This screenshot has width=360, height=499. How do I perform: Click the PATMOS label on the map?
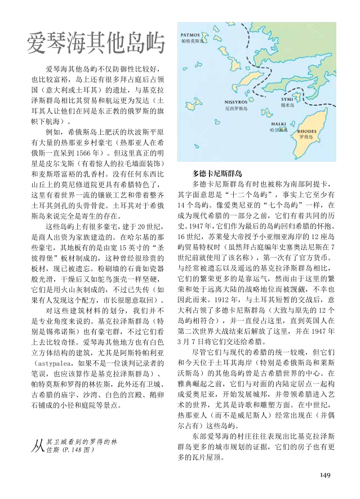pyautogui.click(x=190, y=35)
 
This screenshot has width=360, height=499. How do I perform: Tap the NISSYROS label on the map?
pyautogui.click(x=236, y=101)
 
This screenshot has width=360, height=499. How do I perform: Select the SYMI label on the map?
pyautogui.click(x=286, y=99)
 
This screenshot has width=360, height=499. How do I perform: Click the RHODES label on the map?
pyautogui.click(x=306, y=130)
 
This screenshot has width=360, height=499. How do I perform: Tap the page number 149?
pyautogui.click(x=325, y=475)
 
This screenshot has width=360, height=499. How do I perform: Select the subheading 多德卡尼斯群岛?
pyautogui.click(x=217, y=173)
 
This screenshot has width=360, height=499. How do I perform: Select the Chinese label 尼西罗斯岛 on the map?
pyautogui.click(x=236, y=107)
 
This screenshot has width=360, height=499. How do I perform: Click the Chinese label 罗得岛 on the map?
pyautogui.click(x=306, y=136)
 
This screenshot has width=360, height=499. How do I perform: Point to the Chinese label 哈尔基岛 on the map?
pyautogui.click(x=278, y=130)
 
